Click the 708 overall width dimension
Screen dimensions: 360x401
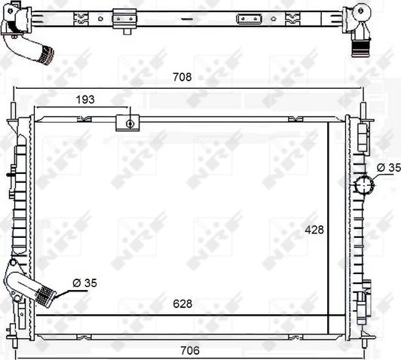click(182, 77)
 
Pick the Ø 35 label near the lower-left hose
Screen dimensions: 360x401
click(84, 283)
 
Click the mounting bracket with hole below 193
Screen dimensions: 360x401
click(129, 123)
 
